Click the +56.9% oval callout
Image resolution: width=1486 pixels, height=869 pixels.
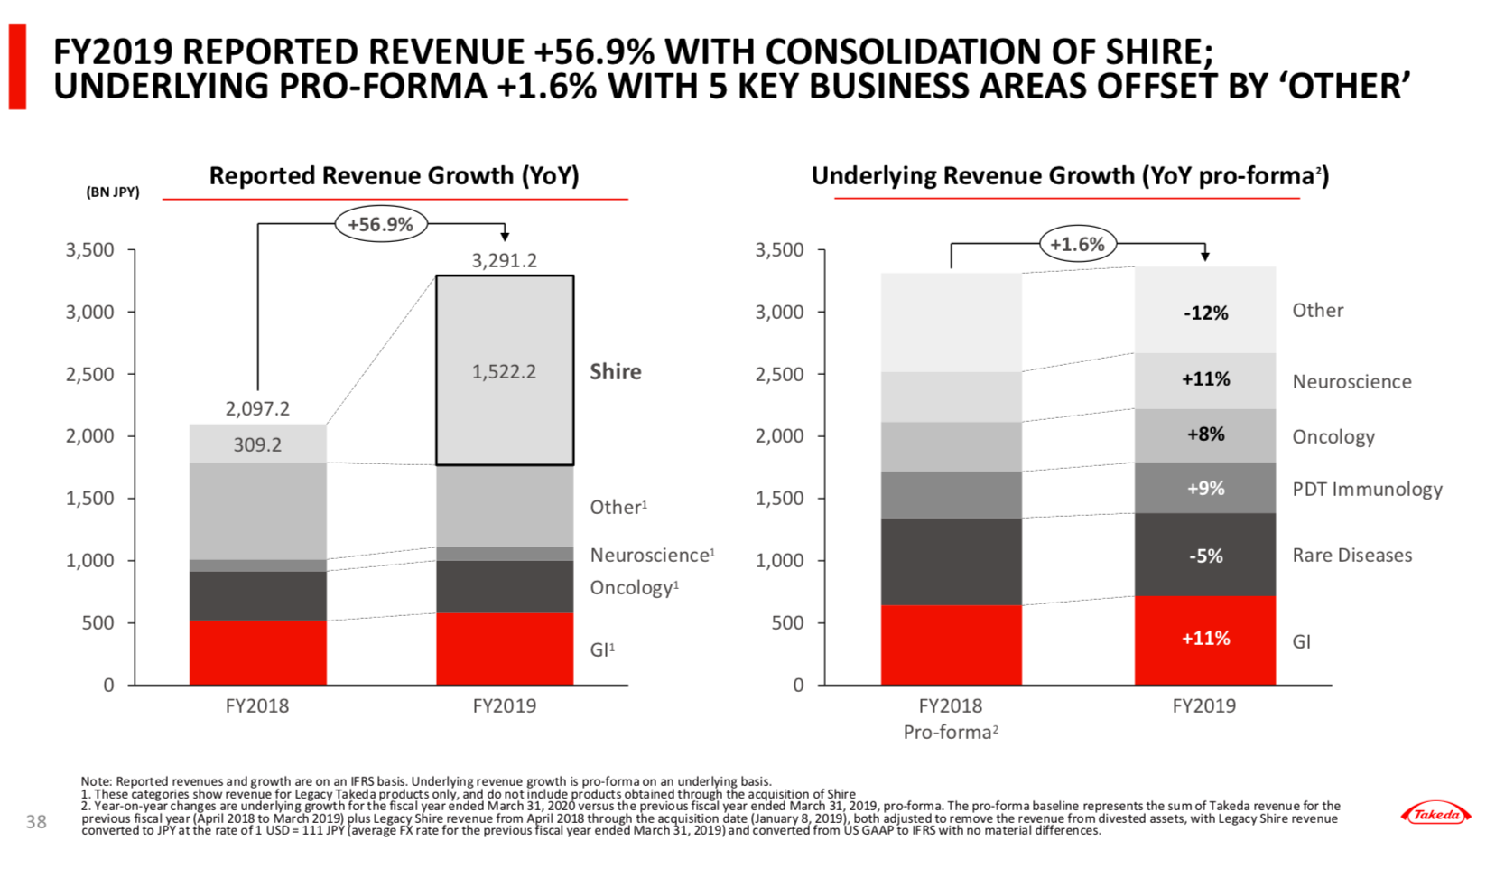(380, 224)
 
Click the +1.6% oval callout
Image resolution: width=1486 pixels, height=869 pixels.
(1077, 244)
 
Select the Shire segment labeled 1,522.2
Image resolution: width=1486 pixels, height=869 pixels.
(505, 371)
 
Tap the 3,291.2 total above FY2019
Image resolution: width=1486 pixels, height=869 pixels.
(505, 261)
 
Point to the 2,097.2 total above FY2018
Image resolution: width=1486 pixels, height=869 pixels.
(257, 408)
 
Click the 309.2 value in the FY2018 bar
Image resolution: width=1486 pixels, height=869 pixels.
(257, 444)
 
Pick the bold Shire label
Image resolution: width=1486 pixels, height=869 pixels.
(616, 371)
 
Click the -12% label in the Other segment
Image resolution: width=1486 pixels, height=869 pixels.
(1205, 313)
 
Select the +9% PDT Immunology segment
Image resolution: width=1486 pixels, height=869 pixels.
(1205, 489)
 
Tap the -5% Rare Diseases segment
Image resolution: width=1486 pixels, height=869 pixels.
(1205, 556)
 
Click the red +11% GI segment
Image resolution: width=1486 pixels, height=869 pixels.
(1205, 639)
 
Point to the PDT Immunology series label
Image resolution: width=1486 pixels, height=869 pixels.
(1367, 490)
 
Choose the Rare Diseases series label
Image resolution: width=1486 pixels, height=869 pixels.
(1351, 556)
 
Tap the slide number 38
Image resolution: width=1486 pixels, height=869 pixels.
(36, 821)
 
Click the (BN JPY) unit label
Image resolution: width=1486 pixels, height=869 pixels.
(113, 192)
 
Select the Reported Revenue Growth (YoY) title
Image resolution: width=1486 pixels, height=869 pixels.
(394, 175)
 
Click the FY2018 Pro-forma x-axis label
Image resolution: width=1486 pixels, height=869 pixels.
(951, 718)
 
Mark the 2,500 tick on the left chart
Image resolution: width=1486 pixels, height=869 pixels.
(90, 374)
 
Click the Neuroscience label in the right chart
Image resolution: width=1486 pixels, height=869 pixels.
(1351, 382)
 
